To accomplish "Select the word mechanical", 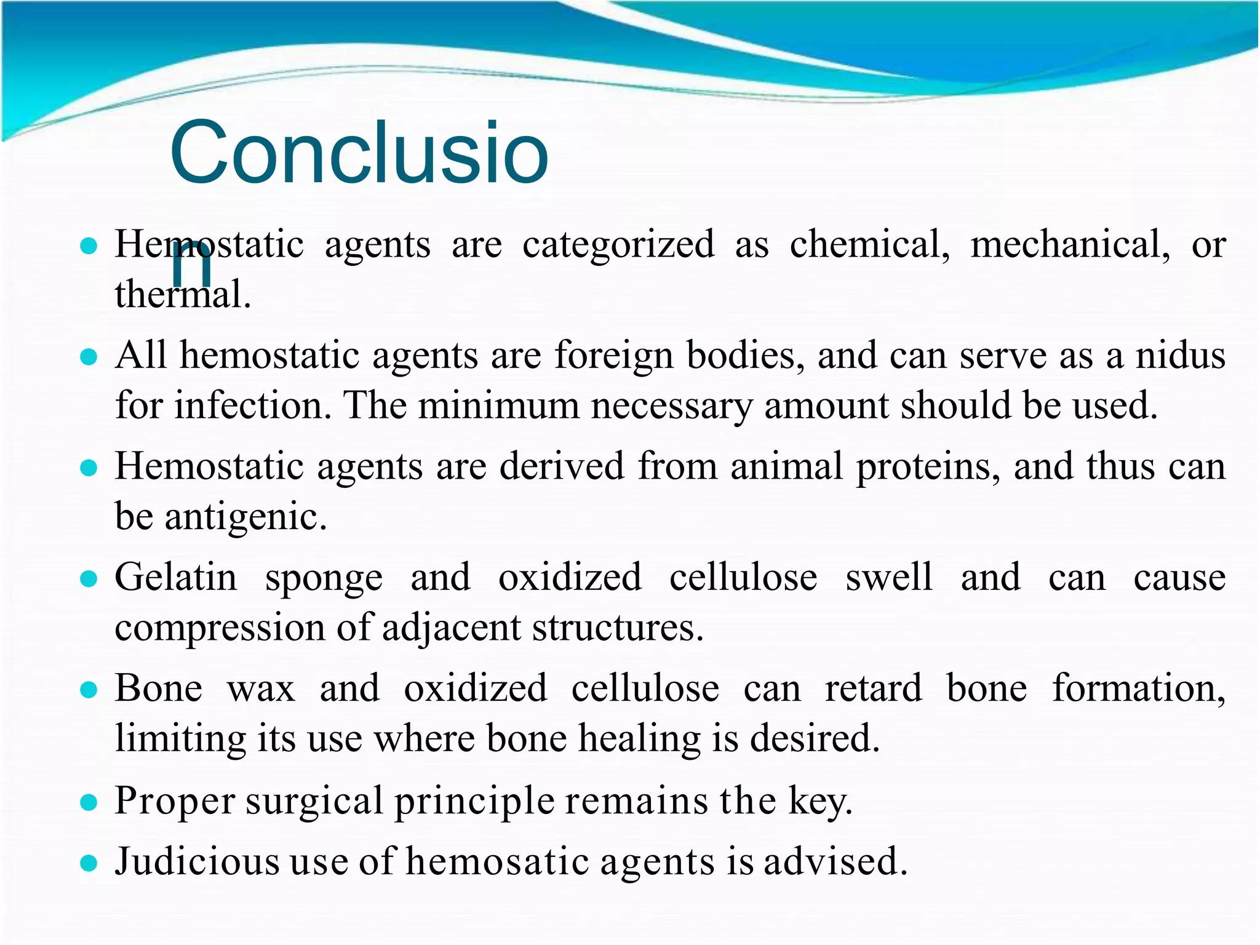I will pos(1070,244).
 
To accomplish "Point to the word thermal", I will pos(183,294).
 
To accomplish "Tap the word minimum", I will pos(498,405).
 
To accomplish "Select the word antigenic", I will pos(245,517).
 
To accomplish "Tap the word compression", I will pos(220,628).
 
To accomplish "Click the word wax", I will pos(261,688).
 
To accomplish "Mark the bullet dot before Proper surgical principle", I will pos(89,802).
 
